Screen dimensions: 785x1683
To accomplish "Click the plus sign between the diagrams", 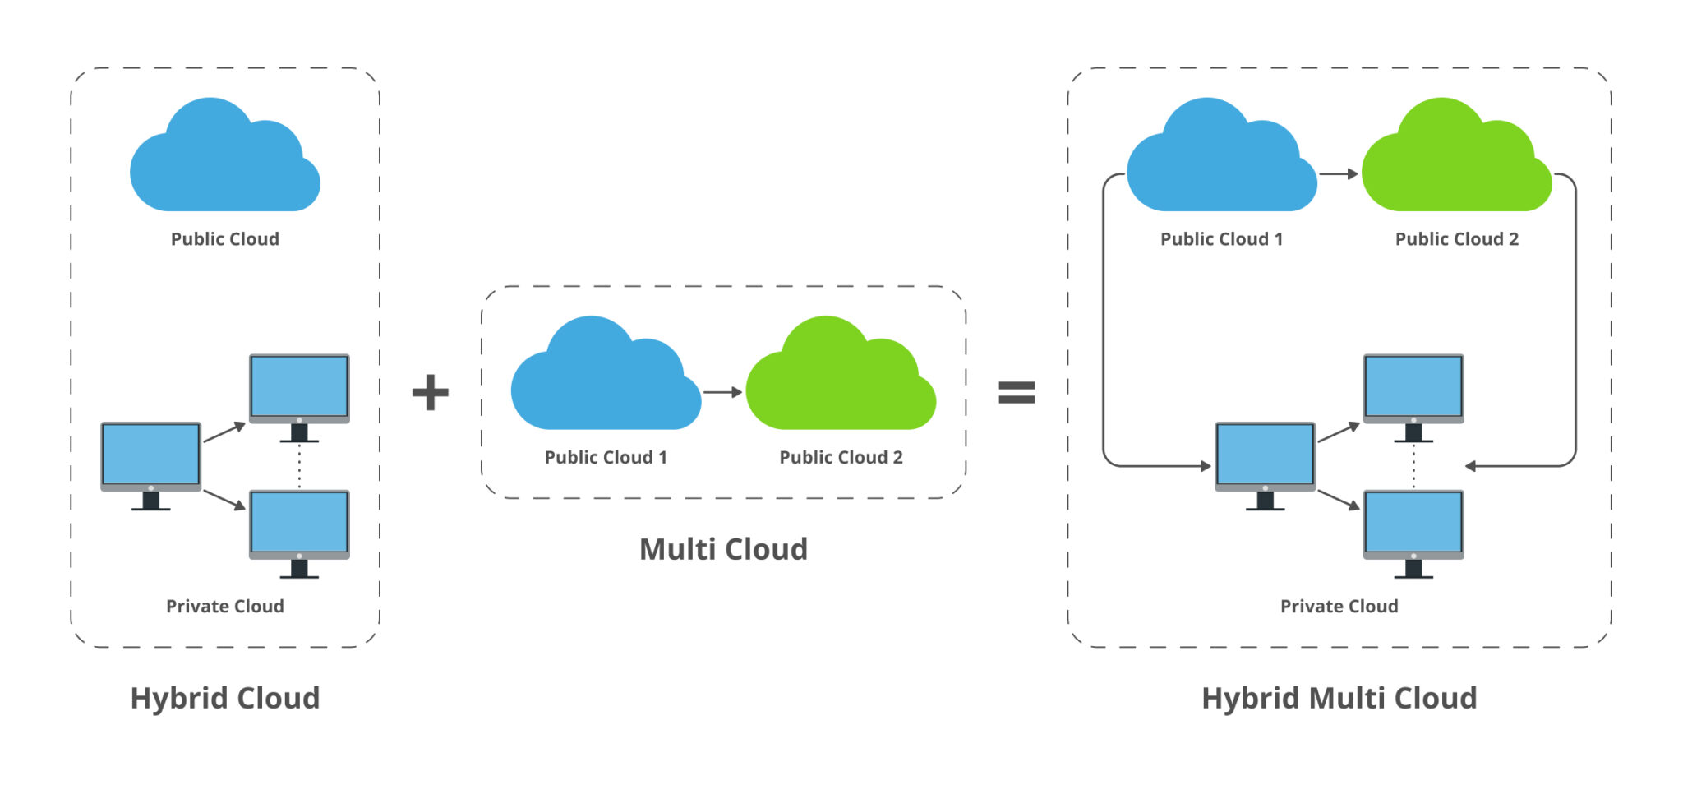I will pos(430,392).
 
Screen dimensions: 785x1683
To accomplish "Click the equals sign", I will pos(1017,392).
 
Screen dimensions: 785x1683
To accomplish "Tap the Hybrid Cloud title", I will pos(224,698).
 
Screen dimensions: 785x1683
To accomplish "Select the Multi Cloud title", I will pos(723,549).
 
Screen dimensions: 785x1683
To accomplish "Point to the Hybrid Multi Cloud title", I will pos(1339,698).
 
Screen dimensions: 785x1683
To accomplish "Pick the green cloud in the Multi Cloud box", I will pos(840,380).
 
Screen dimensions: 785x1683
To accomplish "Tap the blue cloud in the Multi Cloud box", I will pos(605,380).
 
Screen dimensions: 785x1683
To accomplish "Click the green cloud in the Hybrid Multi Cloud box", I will pos(1455,162).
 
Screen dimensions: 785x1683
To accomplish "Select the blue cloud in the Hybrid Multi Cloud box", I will pos(1220,162).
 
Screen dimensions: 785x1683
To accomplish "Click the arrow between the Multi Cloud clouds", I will pos(723,392).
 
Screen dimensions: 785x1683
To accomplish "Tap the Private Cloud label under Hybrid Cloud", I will pos(224,607).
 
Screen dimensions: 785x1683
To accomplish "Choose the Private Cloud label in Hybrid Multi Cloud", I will pos(1339,607).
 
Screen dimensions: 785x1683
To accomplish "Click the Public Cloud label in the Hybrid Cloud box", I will pos(224,239).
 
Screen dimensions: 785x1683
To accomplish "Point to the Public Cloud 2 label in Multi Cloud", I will pos(841,458).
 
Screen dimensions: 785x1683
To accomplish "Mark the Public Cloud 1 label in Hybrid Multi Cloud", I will pos(1221,239).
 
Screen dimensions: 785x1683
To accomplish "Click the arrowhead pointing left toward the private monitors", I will pos(1471,466).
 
